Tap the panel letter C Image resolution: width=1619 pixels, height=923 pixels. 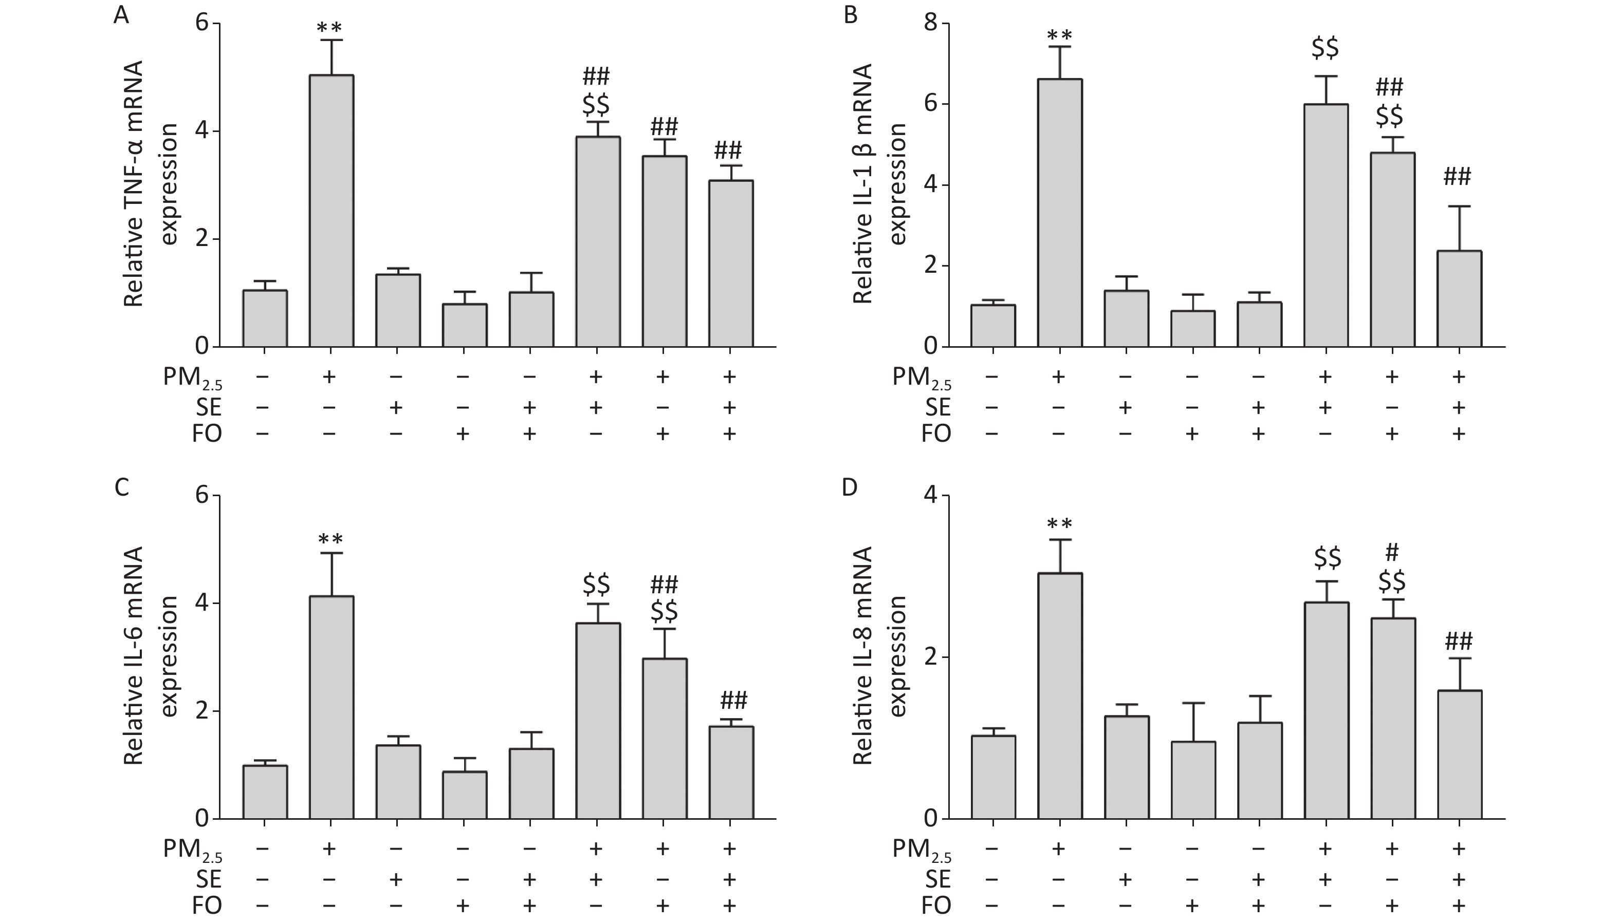point(121,487)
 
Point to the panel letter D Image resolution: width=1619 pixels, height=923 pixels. point(849,487)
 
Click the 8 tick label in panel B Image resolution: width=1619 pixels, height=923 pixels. point(931,24)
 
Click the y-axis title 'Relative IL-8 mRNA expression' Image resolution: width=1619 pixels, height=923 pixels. point(879,655)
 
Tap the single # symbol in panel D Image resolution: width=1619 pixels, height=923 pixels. point(1392,553)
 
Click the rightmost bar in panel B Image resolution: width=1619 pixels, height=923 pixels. point(1459,298)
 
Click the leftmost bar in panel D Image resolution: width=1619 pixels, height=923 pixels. point(993,777)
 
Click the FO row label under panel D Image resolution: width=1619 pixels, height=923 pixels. point(936,905)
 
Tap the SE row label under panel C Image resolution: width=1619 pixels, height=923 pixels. point(209,879)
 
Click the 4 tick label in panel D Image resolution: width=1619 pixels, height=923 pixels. point(931,495)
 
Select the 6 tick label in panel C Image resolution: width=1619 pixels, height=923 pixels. point(201,495)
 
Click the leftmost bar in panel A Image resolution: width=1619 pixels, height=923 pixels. point(265,318)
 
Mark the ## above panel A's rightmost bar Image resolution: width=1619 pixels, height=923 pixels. point(728,151)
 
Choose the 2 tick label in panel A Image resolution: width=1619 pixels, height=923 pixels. point(201,239)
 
